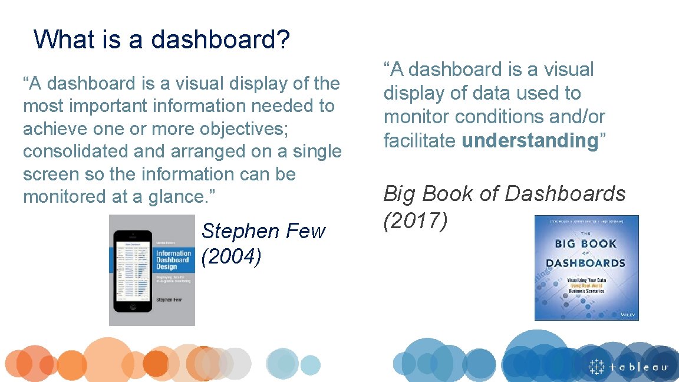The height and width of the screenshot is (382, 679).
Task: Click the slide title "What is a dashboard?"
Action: [x=161, y=39]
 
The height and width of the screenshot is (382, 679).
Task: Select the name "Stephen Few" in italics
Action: [x=263, y=231]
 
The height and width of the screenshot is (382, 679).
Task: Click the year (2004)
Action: [x=232, y=257]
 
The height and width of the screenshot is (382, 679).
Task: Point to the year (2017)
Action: [x=416, y=220]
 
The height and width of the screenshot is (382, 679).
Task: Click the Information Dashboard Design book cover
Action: [x=152, y=270]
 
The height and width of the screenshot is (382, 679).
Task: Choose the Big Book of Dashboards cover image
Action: [x=586, y=268]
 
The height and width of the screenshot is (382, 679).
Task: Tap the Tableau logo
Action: [x=628, y=367]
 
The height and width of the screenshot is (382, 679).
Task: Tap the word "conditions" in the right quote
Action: [x=499, y=117]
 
